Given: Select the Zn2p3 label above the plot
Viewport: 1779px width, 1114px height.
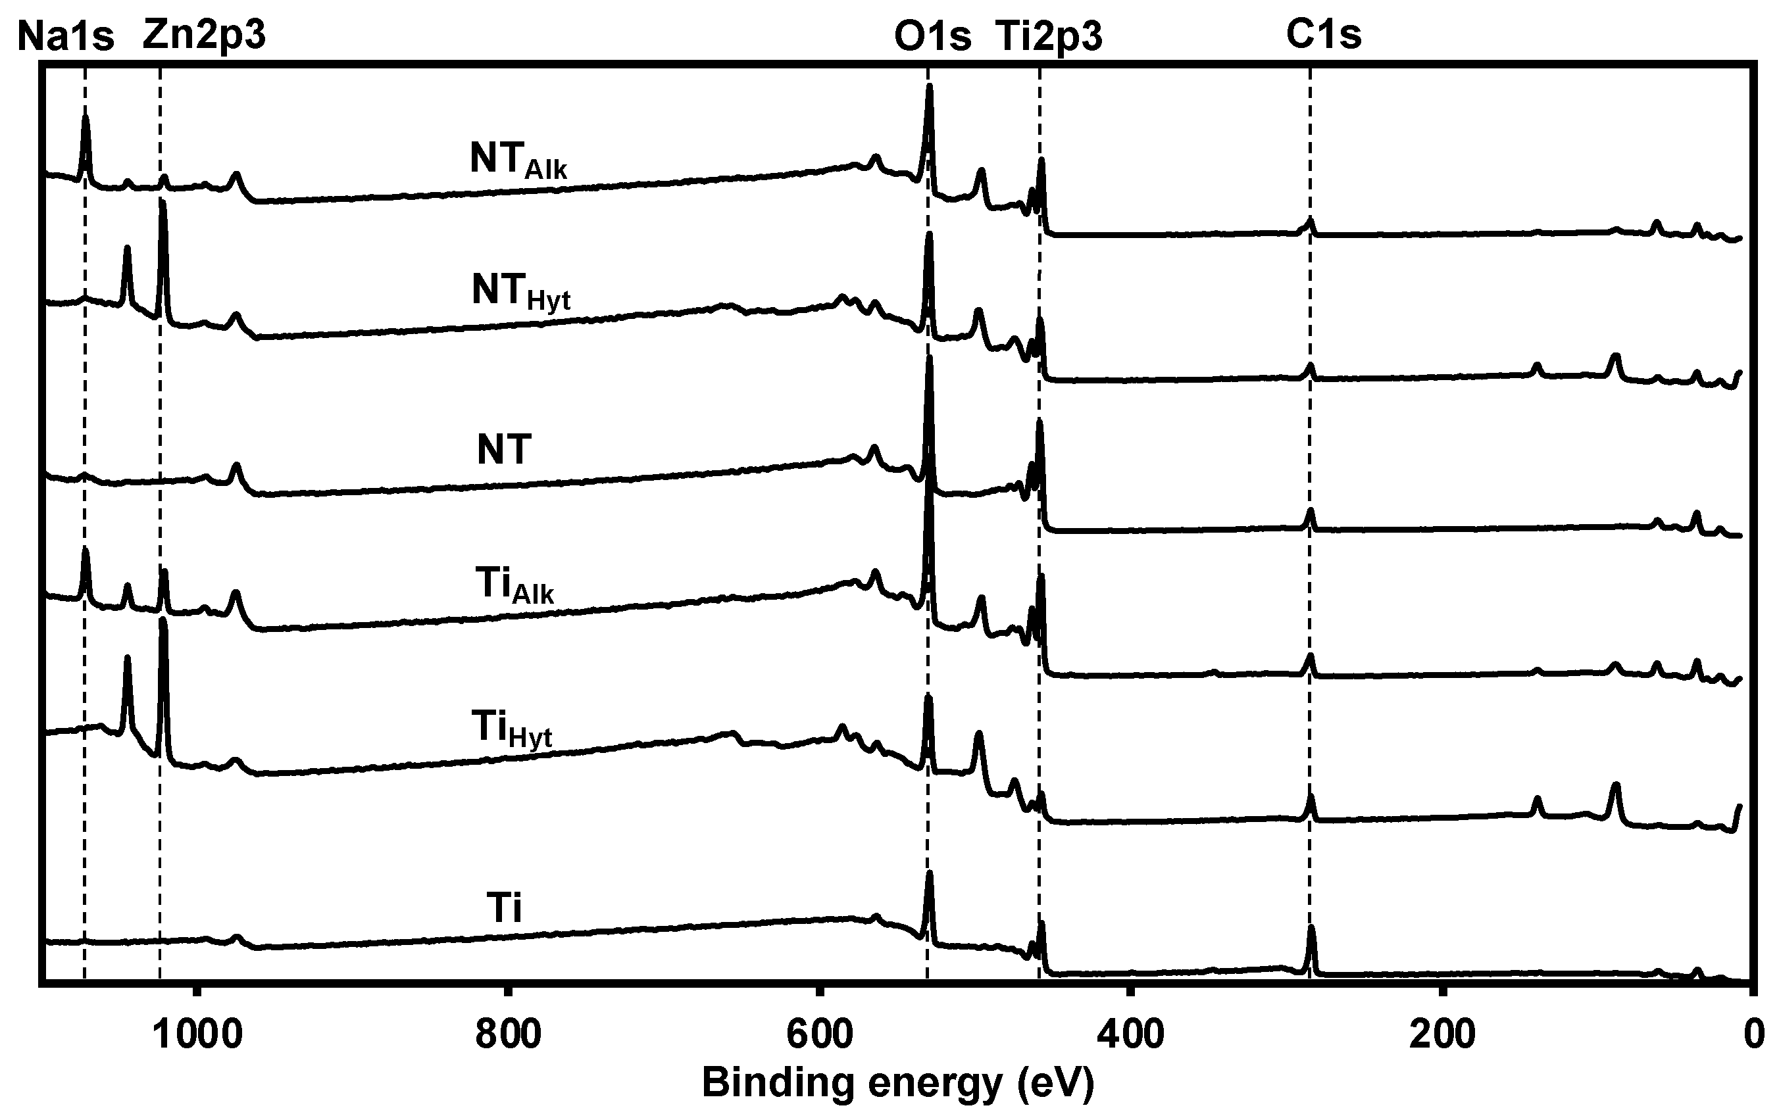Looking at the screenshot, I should pos(204,35).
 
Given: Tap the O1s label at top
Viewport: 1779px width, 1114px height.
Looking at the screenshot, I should pos(932,36).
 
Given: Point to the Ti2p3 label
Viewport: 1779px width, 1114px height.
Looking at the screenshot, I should pos(1049,36).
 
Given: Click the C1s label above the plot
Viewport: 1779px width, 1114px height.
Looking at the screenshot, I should pos(1324,35).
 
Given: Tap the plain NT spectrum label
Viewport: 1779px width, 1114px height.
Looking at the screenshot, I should pos(504,449).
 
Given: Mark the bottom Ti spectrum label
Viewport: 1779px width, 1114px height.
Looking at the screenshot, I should pos(504,908).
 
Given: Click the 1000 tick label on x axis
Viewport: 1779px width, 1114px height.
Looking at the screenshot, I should pos(197,1034).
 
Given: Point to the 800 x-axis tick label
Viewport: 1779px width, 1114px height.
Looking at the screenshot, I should pos(508,1034).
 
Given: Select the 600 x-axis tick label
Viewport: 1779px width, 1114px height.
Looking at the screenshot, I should pos(818,1034).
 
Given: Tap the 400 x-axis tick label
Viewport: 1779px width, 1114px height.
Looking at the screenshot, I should pos(1130,1034).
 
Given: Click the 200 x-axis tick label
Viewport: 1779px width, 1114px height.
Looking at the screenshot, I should pos(1442,1034).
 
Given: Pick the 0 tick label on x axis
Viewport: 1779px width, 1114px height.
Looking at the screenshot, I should pos(1754,1034).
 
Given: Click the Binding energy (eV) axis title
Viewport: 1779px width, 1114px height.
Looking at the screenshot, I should pos(897,1082).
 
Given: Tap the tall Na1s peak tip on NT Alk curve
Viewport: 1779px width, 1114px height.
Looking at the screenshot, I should pos(86,116).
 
